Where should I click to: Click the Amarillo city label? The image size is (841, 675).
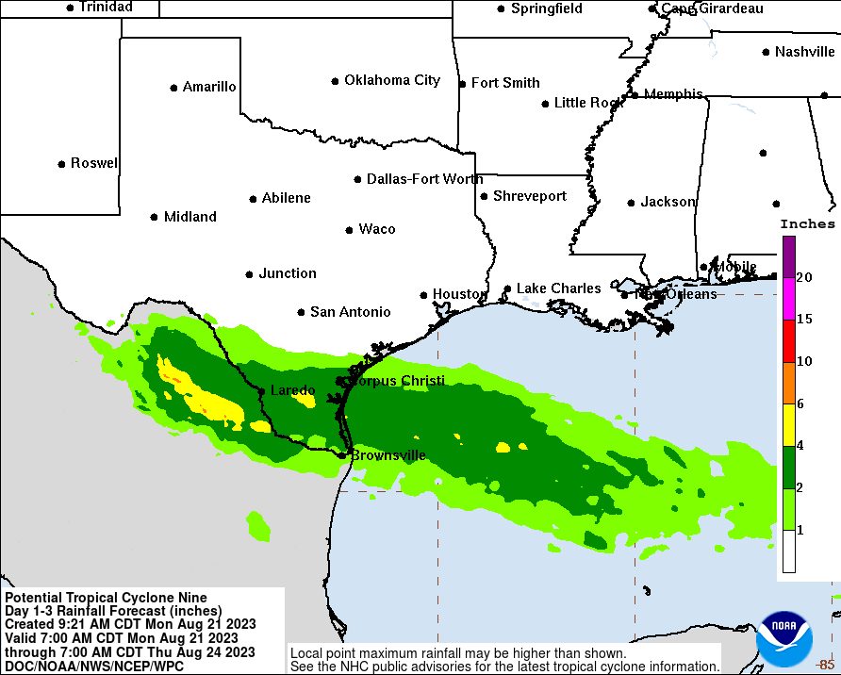pyautogui.click(x=209, y=87)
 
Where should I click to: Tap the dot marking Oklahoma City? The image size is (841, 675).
pyautogui.click(x=335, y=81)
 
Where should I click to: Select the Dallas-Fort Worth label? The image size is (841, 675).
pyautogui.click(x=424, y=179)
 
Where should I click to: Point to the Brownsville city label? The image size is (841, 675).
pyautogui.click(x=388, y=455)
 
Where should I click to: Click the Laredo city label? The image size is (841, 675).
pyautogui.click(x=292, y=390)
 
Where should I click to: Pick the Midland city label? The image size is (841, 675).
pyautogui.click(x=190, y=217)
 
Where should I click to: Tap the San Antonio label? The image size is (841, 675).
pyautogui.click(x=350, y=312)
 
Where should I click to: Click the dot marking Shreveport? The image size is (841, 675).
pyautogui.click(x=484, y=196)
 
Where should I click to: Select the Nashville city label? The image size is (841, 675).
pyautogui.click(x=804, y=52)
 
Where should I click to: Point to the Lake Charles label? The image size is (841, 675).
pyautogui.click(x=558, y=288)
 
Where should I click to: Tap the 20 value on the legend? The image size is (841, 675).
pyautogui.click(x=804, y=277)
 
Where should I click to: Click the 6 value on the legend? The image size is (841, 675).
pyautogui.click(x=800, y=403)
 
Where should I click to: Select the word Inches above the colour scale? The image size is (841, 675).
pyautogui.click(x=807, y=224)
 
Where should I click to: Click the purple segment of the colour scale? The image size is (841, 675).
pyautogui.click(x=788, y=256)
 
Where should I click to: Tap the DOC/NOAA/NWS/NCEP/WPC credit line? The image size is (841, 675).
pyautogui.click(x=94, y=666)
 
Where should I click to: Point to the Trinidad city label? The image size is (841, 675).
pyautogui.click(x=106, y=7)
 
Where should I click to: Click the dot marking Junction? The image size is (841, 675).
pyautogui.click(x=249, y=274)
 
